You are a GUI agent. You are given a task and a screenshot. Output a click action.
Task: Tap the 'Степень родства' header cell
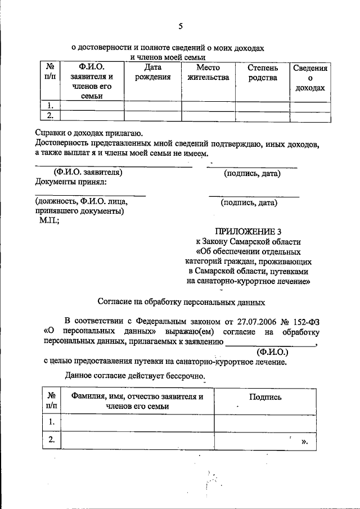click(x=263, y=73)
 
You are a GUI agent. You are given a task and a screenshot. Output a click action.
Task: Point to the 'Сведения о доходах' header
click(x=310, y=78)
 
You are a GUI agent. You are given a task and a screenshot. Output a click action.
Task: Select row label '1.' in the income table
click(x=51, y=105)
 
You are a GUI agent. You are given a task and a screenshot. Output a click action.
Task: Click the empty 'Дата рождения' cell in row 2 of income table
click(x=152, y=115)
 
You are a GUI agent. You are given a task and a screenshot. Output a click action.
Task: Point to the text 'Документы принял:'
click(x=70, y=182)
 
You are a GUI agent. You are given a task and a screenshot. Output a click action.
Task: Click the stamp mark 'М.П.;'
click(x=49, y=221)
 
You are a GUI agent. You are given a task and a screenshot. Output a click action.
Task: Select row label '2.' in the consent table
click(x=51, y=440)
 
